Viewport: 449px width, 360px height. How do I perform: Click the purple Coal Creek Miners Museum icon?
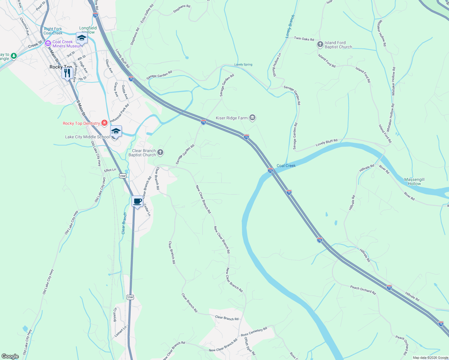click(48, 44)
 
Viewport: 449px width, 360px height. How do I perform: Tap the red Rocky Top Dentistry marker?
click(104, 123)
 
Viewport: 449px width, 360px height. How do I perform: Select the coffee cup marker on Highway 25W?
click(137, 202)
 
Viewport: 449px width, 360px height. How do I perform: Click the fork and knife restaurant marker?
click(67, 73)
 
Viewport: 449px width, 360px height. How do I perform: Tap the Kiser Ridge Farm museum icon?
click(252, 118)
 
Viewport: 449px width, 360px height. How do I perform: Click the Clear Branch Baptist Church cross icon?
click(160, 152)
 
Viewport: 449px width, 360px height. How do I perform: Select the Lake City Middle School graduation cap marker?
click(116, 132)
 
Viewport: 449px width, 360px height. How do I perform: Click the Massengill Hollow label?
click(414, 181)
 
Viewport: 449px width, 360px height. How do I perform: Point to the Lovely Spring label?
click(243, 64)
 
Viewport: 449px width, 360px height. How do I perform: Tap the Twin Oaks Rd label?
click(304, 39)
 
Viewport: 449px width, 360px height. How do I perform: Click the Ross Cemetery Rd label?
click(254, 332)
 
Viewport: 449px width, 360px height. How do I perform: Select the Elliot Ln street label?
click(110, 170)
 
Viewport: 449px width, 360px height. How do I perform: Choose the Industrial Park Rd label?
click(119, 113)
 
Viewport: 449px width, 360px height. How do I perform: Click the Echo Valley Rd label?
click(147, 14)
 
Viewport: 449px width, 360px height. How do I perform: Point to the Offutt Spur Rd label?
click(249, 346)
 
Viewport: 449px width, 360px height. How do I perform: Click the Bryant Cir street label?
click(115, 315)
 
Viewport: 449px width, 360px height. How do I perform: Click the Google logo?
click(10, 356)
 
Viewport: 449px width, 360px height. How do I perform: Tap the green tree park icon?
click(14, 56)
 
